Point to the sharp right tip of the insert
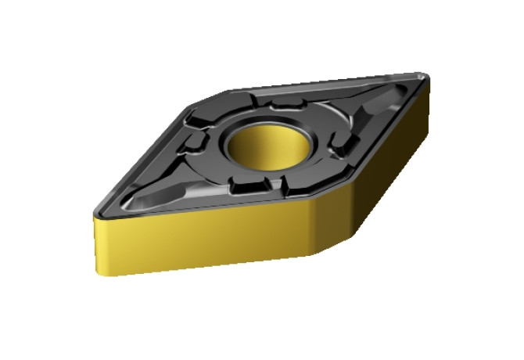(426, 76)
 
